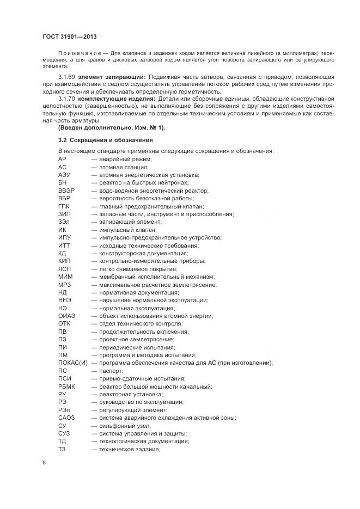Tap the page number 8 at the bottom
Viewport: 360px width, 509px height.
click(x=44, y=462)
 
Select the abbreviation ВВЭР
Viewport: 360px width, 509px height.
click(x=66, y=191)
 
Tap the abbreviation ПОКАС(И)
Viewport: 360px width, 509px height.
click(x=72, y=363)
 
